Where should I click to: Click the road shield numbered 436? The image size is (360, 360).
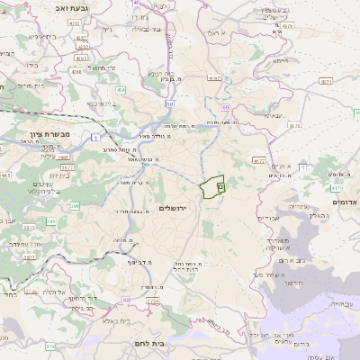pyautogui.click(x=120, y=90)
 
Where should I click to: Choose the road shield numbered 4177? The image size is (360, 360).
pyautogui.click(x=258, y=160)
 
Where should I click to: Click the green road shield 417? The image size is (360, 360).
pyautogui.click(x=335, y=189)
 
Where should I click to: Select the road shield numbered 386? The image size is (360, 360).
pyautogui.click(x=75, y=206)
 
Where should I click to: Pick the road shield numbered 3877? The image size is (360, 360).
pyautogui.click(x=29, y=256)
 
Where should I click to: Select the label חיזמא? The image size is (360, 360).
pyautogui.click(x=280, y=60)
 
